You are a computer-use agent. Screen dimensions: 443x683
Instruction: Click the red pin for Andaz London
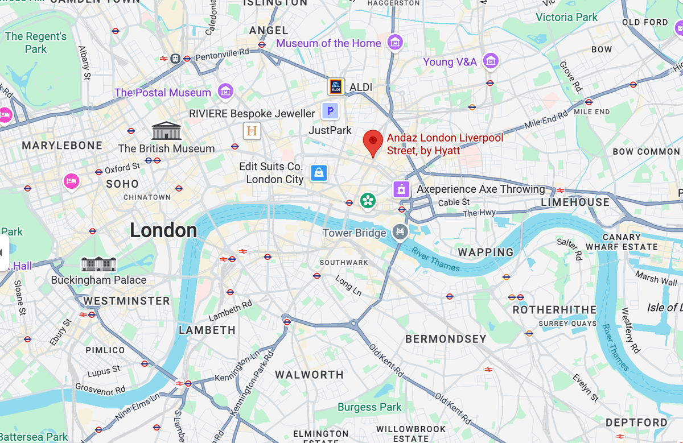(373, 140)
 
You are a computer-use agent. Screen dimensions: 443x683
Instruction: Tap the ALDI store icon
(336, 87)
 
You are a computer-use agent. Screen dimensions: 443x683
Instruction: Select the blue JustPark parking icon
(330, 111)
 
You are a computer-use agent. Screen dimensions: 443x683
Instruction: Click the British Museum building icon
(166, 131)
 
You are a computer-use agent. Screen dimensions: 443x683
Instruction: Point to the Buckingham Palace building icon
(98, 264)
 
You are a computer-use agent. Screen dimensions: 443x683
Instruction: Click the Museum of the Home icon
(394, 42)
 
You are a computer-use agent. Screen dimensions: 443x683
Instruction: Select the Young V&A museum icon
(491, 61)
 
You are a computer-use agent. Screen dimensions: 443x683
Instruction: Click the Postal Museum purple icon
(226, 91)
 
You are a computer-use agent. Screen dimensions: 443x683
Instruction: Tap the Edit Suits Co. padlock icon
(319, 172)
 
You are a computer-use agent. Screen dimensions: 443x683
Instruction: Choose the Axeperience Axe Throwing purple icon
(402, 189)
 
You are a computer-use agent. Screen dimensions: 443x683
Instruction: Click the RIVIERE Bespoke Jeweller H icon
(252, 131)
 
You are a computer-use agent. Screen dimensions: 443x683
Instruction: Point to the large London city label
(163, 230)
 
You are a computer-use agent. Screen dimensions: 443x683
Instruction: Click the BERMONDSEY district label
(446, 339)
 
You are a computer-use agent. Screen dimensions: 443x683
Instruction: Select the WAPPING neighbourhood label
(485, 252)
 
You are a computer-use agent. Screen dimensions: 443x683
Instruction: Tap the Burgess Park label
(369, 407)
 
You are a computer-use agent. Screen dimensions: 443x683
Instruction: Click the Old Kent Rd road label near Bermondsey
(386, 362)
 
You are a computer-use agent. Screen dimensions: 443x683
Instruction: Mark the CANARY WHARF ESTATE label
(622, 242)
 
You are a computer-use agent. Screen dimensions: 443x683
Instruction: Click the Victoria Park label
(566, 17)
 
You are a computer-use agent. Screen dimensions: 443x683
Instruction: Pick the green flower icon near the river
(368, 200)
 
